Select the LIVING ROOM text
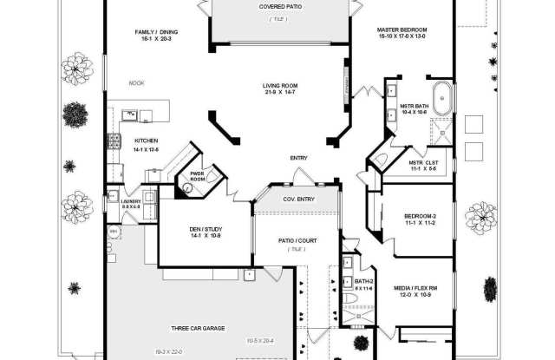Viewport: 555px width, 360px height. pos(280,86)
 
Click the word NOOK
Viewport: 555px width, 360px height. pos(136,83)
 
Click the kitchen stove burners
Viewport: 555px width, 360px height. pos(113,141)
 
